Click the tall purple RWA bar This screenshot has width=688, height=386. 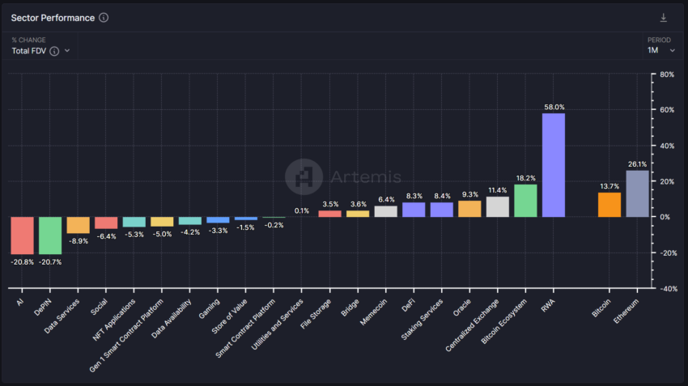[553, 165]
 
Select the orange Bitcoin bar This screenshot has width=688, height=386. [609, 205]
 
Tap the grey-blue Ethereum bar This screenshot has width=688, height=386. [637, 193]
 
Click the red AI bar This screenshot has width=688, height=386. [22, 235]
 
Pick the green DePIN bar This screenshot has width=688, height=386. [50, 235]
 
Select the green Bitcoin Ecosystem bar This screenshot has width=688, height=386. [525, 201]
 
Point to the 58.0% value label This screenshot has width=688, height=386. [554, 107]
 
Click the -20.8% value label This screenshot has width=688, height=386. [22, 262]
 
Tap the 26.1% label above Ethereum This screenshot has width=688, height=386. [637, 163]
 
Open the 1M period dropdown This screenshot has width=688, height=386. [660, 50]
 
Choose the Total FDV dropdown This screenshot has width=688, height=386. [40, 51]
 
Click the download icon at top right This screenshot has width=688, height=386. [664, 18]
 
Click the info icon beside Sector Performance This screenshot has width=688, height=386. [104, 18]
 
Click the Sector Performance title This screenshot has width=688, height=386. [52, 18]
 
